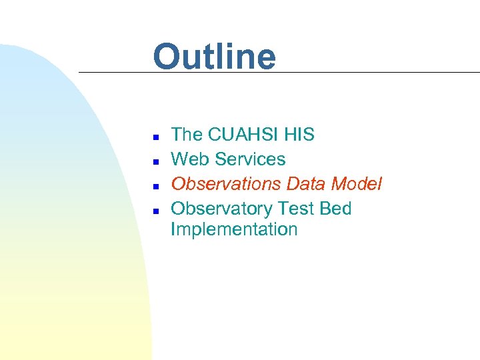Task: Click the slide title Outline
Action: pos(214,57)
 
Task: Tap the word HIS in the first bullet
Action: pos(299,135)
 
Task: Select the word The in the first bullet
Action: pos(187,135)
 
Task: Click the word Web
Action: pos(189,159)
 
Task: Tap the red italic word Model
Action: pos(358,184)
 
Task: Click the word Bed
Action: pos(335,209)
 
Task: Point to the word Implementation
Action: pos(234,229)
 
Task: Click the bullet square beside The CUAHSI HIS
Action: pos(155,136)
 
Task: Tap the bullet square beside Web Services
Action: pos(155,161)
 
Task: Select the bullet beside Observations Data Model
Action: pos(155,185)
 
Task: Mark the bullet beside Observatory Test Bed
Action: pos(155,210)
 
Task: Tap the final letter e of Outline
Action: pos(265,60)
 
